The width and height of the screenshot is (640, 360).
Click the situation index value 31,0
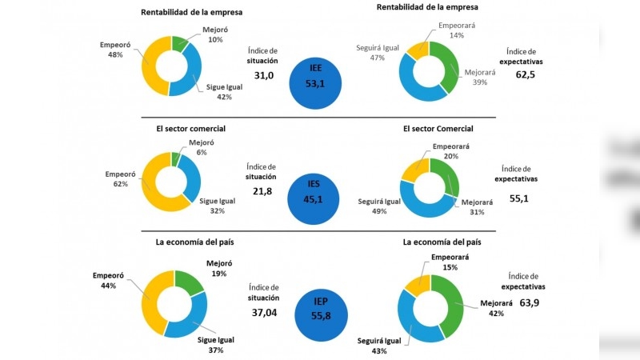(264, 75)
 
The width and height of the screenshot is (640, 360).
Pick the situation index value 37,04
(267, 313)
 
